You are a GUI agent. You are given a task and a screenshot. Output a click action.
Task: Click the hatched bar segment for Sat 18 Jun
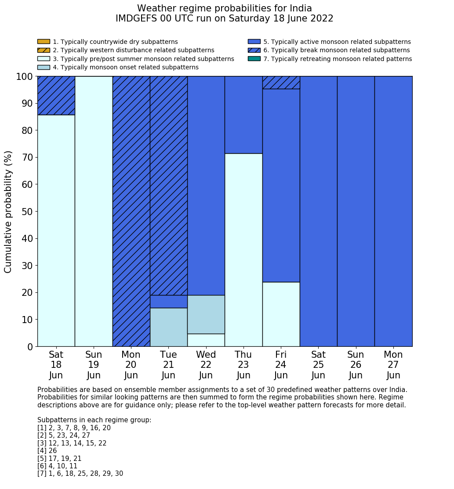tap(56, 95)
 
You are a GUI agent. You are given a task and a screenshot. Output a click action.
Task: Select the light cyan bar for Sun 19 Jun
tap(94, 211)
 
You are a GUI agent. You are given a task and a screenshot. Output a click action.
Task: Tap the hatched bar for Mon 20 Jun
tap(131, 211)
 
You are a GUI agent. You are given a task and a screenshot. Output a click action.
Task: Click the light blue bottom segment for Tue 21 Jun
tap(169, 327)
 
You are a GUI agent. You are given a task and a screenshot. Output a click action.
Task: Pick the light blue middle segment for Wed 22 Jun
tap(206, 314)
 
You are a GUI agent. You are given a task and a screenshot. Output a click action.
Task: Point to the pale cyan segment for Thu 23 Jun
tap(243, 250)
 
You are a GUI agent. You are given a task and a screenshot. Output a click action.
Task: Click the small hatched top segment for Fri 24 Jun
tap(281, 83)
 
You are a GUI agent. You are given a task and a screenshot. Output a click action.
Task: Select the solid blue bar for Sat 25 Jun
tap(319, 211)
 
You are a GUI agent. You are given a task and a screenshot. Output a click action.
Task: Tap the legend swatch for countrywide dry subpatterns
tap(44, 42)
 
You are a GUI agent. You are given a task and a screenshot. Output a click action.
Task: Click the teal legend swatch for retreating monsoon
tap(254, 59)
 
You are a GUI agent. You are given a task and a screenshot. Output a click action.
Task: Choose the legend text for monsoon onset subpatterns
tap(126, 67)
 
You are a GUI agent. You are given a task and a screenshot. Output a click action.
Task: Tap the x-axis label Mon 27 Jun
tap(393, 365)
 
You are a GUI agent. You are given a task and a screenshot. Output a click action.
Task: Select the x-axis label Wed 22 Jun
tap(206, 365)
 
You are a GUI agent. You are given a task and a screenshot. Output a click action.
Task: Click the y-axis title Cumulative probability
tap(8, 211)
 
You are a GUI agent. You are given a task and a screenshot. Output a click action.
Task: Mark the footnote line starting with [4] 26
tap(47, 451)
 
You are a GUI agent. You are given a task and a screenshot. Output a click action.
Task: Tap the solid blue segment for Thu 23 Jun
tap(243, 115)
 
